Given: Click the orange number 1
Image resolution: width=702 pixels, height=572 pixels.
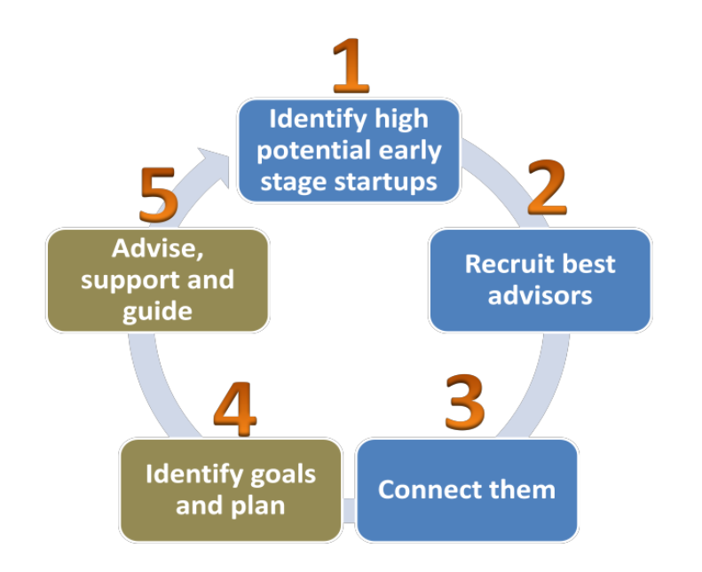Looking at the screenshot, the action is tap(351, 66).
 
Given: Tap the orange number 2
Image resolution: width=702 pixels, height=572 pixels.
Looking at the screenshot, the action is tap(547, 187).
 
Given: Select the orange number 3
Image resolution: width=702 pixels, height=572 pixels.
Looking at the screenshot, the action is tap(465, 402).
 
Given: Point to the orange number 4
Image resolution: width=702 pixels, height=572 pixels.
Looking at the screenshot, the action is tap(235, 409).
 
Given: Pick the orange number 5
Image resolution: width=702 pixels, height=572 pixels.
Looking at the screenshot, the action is tap(159, 194).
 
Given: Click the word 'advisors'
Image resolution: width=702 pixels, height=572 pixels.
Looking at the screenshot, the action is tap(540, 295).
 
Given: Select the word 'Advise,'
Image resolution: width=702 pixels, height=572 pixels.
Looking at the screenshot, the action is tap(158, 248).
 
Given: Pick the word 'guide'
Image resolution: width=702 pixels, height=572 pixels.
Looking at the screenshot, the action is tap(158, 311).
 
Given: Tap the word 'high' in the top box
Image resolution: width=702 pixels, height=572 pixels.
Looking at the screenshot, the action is tap(401, 120).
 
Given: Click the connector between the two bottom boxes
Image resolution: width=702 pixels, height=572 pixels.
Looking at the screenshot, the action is tap(349, 510).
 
